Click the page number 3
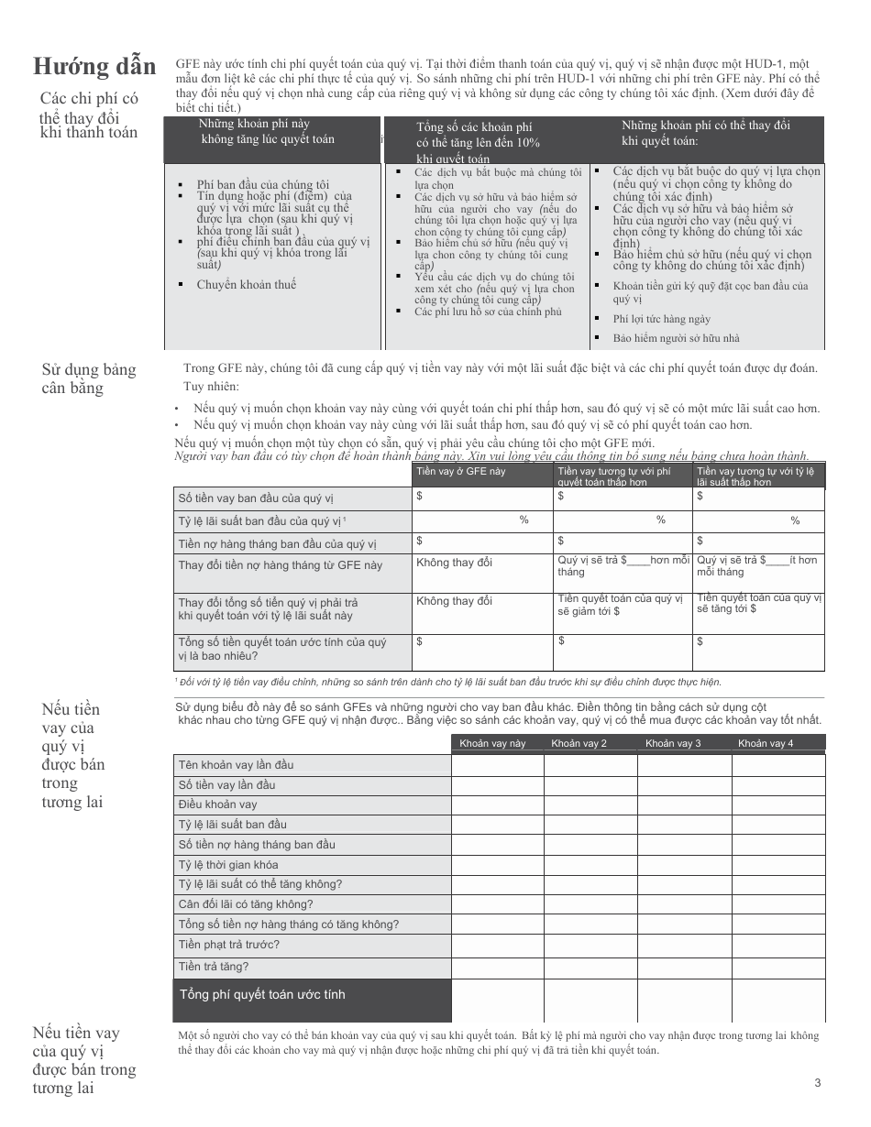pos(817,1083)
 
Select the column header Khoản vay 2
pos(579,743)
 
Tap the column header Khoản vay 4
pos(766,743)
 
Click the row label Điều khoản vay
pos(218,804)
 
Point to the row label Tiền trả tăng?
pos(214,966)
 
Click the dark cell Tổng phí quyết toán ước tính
pos(262,994)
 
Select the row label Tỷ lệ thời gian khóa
pos(228,864)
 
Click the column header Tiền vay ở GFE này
pos(460,471)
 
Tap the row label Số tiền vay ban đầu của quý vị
pos(256,498)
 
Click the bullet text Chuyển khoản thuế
pos(247,285)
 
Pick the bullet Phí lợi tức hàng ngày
pos(662,319)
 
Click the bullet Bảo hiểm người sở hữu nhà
pos(677,338)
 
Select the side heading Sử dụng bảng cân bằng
pos(88,378)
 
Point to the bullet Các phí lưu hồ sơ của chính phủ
pos(488,312)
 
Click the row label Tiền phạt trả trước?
pos(229,945)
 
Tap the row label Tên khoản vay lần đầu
pos(237,764)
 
